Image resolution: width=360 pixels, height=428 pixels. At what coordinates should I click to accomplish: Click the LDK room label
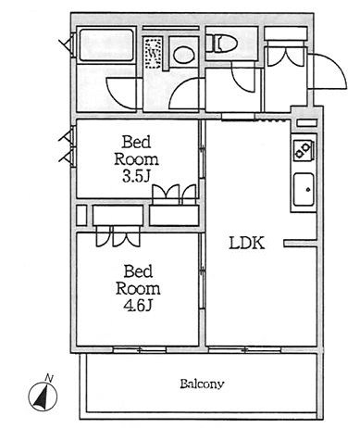pos(247,244)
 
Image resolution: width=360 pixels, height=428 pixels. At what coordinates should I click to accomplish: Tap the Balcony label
pos(202,384)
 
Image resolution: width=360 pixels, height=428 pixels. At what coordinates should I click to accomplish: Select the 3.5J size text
pos(136,177)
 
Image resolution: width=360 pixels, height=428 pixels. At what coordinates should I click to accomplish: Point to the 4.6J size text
pos(138,306)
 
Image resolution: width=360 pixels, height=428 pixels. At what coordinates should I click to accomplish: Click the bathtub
pos(106,45)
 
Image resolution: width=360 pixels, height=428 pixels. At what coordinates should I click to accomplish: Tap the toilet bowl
pos(221,43)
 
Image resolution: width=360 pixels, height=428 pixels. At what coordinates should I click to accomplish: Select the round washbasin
pos(184,55)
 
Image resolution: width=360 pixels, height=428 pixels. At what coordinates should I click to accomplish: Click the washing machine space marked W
pos(153,54)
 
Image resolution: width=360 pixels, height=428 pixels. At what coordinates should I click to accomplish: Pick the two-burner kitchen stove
pos(304,150)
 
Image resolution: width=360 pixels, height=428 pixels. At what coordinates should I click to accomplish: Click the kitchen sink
pos(304,189)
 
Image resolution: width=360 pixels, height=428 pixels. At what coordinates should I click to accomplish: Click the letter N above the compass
pos(49,377)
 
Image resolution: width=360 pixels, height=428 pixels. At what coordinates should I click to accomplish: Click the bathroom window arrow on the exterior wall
pos(67,44)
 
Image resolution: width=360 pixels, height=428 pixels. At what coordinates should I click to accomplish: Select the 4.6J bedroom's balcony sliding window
pos(140,350)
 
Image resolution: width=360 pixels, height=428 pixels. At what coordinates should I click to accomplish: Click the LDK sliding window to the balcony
pos(245,350)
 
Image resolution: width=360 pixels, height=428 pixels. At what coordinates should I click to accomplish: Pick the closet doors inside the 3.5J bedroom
pos(174,195)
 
